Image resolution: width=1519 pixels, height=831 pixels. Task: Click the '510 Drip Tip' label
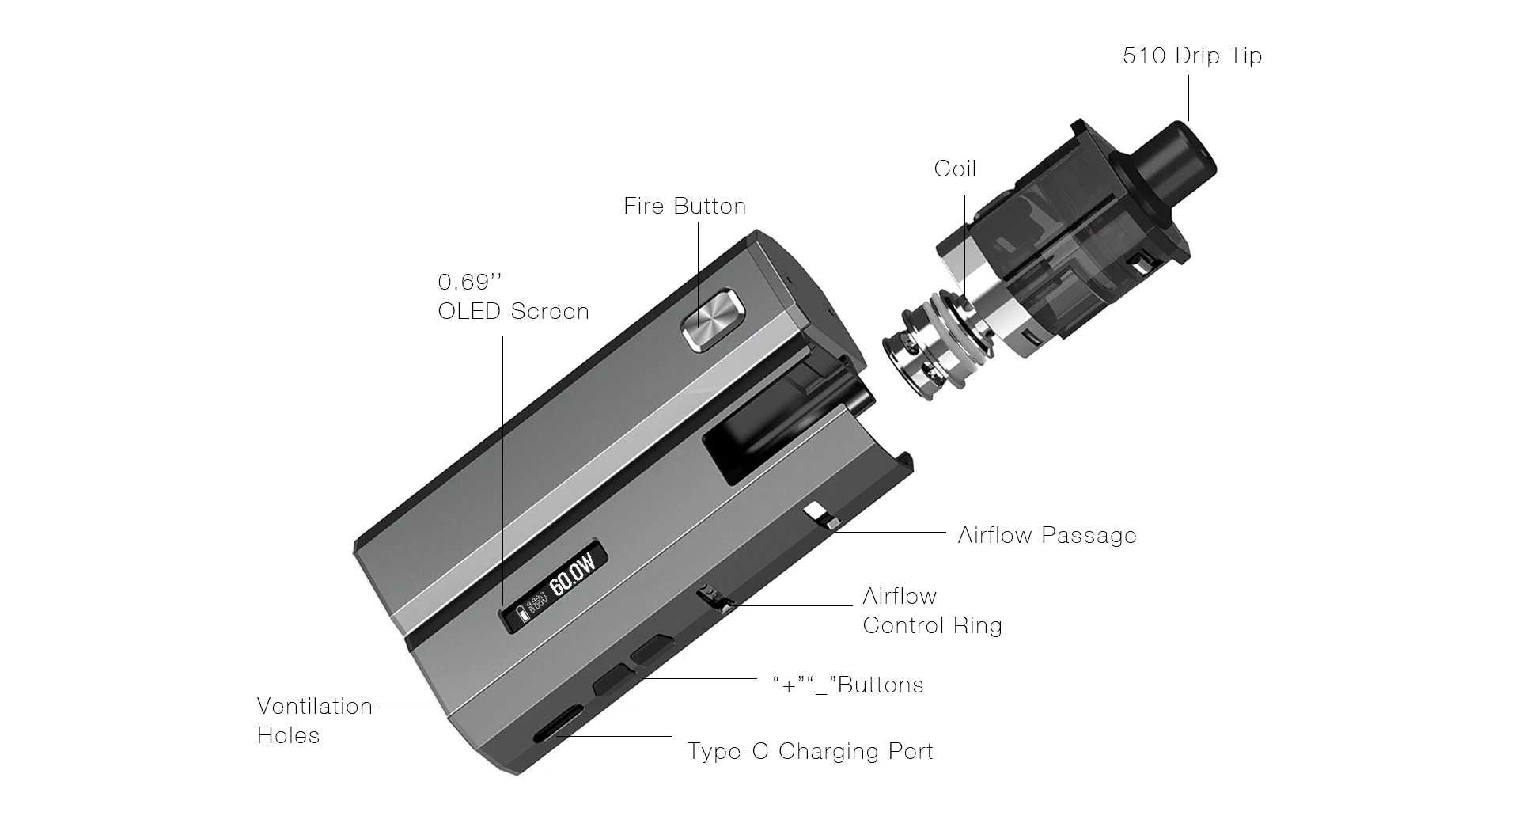click(1191, 56)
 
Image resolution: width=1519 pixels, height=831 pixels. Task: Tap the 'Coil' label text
click(955, 169)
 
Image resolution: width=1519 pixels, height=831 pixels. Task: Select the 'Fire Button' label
click(684, 207)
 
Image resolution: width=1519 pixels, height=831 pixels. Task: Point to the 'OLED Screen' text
click(513, 312)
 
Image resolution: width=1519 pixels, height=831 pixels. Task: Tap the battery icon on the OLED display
click(521, 615)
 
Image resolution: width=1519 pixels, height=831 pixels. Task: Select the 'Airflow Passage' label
click(1047, 536)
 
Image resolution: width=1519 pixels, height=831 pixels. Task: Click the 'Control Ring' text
click(932, 626)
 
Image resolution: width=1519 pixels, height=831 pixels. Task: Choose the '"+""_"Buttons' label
click(848, 685)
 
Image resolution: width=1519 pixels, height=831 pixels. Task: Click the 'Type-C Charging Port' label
click(810, 751)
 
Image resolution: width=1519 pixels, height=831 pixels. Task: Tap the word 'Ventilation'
click(314, 706)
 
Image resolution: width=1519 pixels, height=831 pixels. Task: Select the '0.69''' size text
click(470, 283)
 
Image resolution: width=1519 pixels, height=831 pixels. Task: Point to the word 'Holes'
click(288, 736)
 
